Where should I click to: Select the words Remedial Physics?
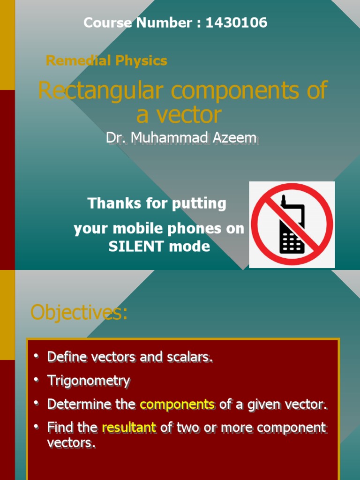(x=106, y=60)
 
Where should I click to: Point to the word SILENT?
(x=134, y=247)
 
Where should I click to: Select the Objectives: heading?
(x=79, y=313)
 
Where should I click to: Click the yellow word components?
(x=177, y=404)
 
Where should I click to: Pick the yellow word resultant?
(x=129, y=427)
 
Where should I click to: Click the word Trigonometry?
(x=89, y=381)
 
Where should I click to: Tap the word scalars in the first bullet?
(x=189, y=357)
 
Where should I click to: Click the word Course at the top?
(x=107, y=22)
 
